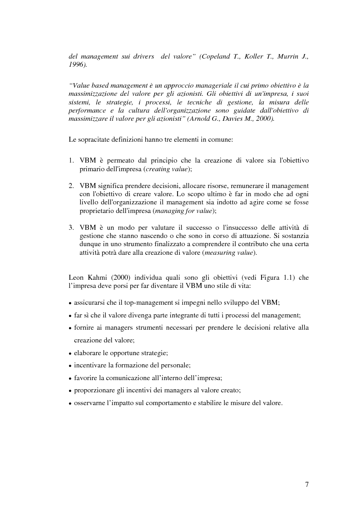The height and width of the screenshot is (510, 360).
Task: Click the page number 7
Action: pos(307,485)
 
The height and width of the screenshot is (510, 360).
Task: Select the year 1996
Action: pos(77,65)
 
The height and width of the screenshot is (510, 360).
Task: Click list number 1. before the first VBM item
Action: pos(71,161)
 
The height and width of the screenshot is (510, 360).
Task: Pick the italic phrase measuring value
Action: pos(235,253)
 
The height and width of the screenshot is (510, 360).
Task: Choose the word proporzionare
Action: pos(96,390)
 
